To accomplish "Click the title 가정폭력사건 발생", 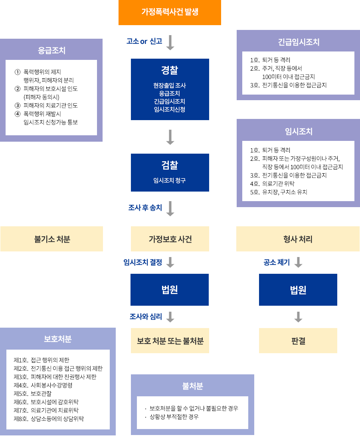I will [170, 12].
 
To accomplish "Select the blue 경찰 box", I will [170, 89].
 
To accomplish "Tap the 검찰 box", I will [170, 172].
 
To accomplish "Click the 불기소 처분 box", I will [52, 239].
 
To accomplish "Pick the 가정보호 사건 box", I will [170, 239].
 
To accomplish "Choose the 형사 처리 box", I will [298, 239].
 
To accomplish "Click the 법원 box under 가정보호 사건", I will [170, 290].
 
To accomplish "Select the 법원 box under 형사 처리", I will [298, 290].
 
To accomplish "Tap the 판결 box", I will [298, 341].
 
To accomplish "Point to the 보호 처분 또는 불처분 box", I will [170, 341].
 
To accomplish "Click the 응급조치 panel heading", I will [51, 51].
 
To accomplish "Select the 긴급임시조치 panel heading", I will [299, 42].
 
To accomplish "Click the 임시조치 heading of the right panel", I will [299, 131].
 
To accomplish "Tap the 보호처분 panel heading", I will [57, 339].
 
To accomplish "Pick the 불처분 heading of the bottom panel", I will [192, 386].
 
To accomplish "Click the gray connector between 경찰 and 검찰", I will [170, 137].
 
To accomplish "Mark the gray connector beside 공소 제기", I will [298, 262].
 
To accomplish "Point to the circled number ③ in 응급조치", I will [17, 105].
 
